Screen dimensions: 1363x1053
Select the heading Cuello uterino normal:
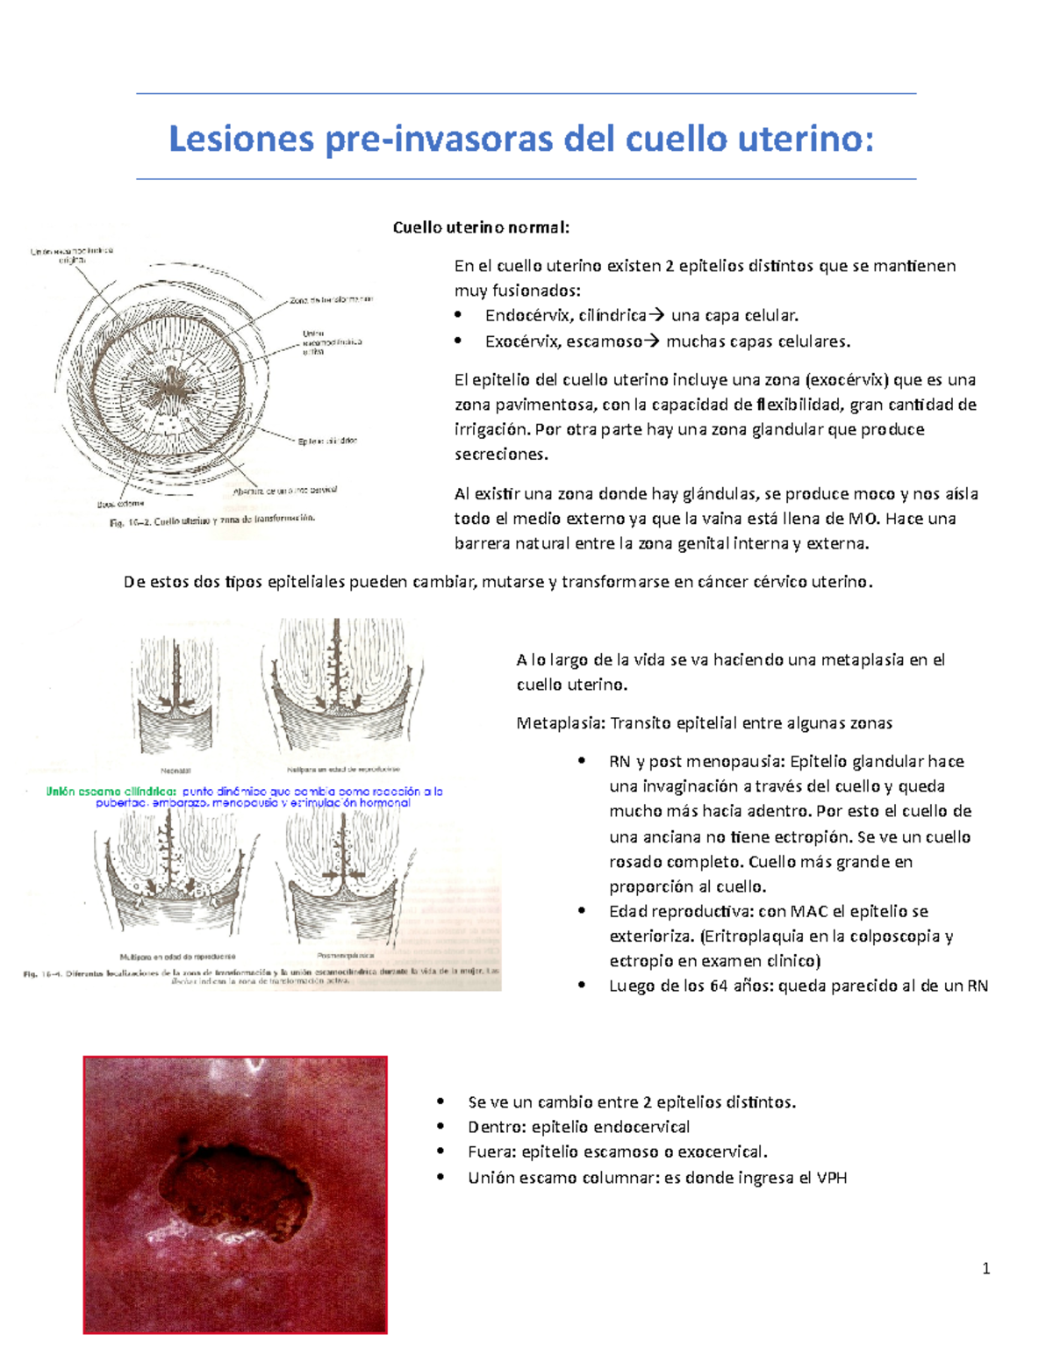tap(481, 228)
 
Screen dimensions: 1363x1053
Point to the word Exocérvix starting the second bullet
tap(522, 341)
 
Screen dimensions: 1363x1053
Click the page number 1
tap(986, 1267)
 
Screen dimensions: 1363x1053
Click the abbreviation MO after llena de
tap(864, 519)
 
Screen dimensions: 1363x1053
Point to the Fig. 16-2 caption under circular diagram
tap(211, 520)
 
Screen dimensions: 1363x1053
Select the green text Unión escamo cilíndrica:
tap(111, 792)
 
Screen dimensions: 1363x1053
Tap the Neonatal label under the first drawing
tap(175, 771)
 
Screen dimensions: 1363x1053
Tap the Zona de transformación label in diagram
tap(331, 300)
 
